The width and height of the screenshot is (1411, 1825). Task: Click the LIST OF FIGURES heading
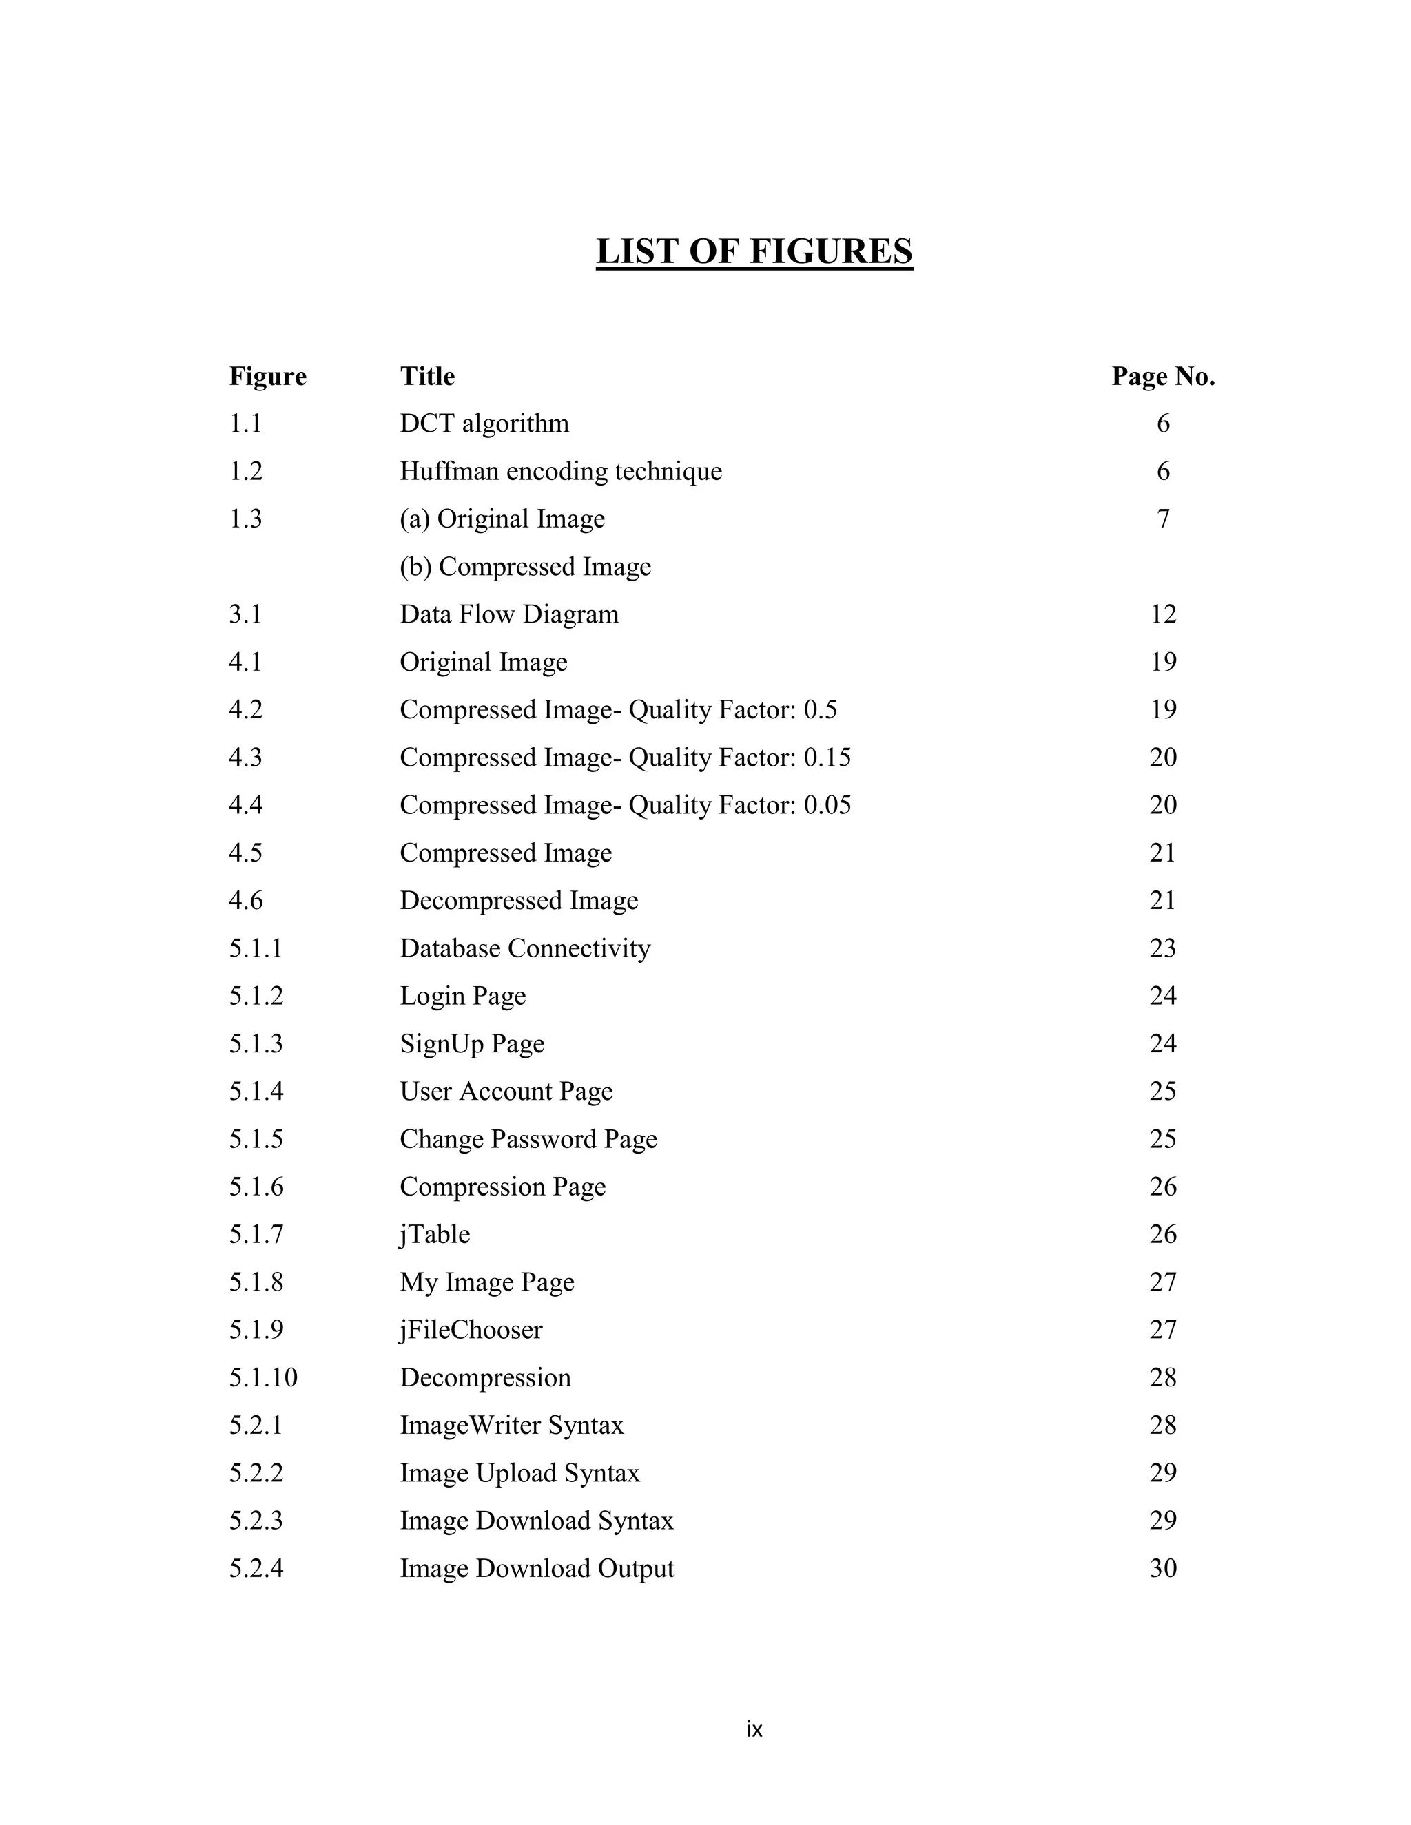tap(754, 251)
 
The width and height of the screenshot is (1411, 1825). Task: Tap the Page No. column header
tap(1163, 376)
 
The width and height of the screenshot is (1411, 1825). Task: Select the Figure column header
tap(267, 376)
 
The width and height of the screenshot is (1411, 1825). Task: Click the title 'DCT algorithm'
tap(484, 424)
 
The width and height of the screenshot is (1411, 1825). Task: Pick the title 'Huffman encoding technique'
tap(560, 471)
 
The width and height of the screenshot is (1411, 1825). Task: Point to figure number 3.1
tap(246, 614)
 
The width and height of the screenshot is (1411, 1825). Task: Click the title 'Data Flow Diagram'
tap(509, 614)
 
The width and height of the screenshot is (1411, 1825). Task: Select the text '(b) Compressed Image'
tap(525, 567)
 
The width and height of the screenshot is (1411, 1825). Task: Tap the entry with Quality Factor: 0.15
tap(626, 757)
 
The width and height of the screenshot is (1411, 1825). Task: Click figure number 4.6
tap(246, 900)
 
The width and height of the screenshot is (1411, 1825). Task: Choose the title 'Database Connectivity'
tap(525, 948)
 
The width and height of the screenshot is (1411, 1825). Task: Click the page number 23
tap(1163, 948)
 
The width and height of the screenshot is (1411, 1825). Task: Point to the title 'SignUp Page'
tap(472, 1043)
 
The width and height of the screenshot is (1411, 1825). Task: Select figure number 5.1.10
tap(263, 1377)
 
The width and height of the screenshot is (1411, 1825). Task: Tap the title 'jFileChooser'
tap(471, 1329)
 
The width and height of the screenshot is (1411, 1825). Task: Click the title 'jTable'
tap(435, 1234)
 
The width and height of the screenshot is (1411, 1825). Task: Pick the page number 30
tap(1163, 1568)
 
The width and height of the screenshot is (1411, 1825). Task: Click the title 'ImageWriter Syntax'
tap(512, 1425)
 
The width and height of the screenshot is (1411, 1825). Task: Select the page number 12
tap(1163, 614)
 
